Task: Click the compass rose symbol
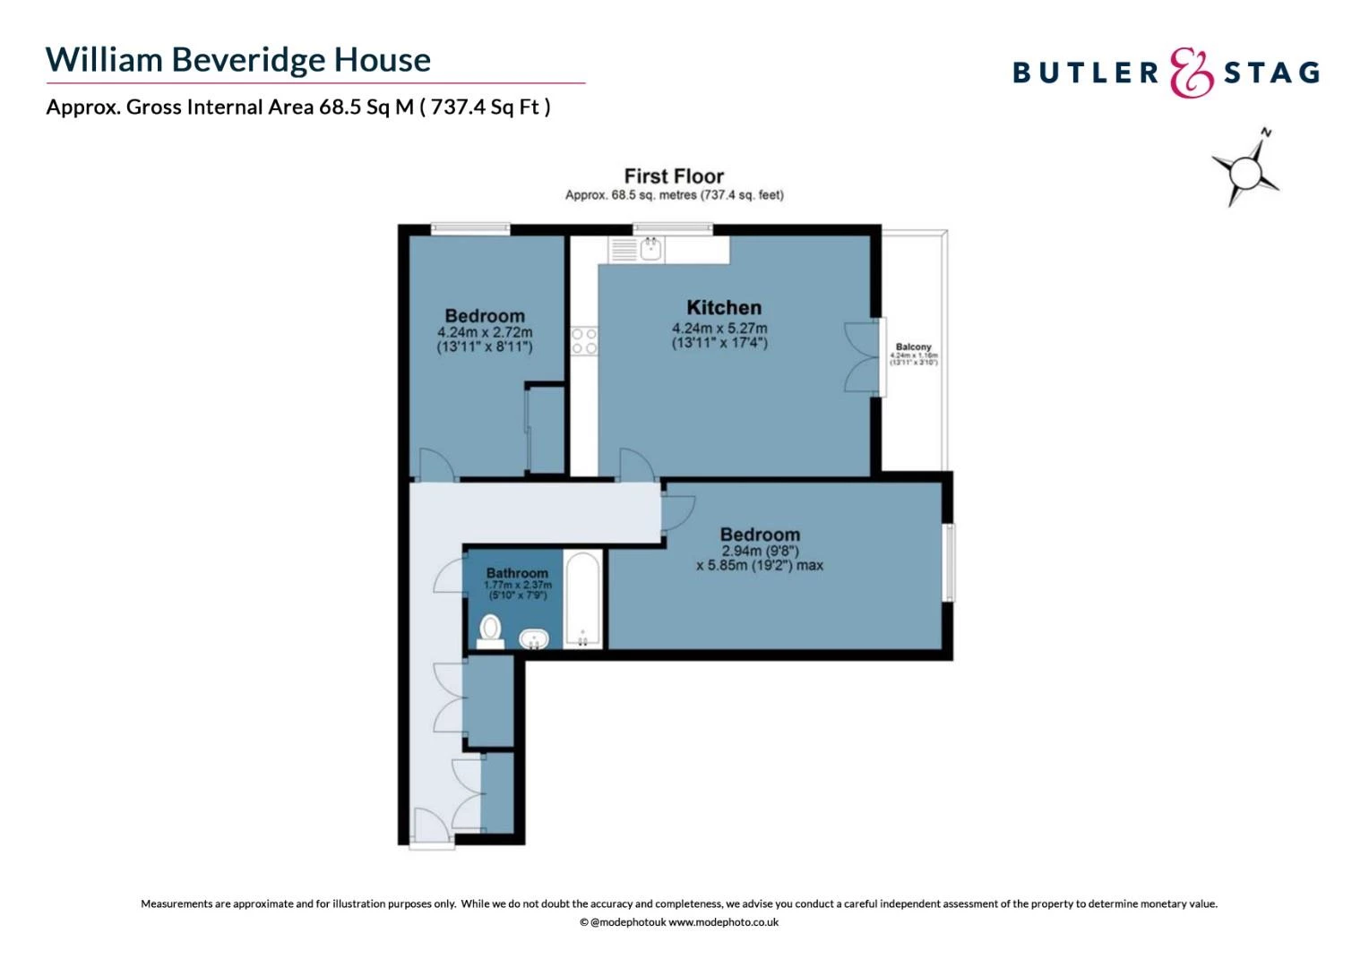click(x=1245, y=169)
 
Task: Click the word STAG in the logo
click(x=1271, y=73)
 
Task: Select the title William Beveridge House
click(x=238, y=60)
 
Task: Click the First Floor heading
click(x=674, y=176)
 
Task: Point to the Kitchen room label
click(x=724, y=307)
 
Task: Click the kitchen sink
click(x=651, y=248)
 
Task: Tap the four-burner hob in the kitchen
click(x=584, y=341)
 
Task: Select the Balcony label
click(x=913, y=347)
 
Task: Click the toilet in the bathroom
click(x=490, y=629)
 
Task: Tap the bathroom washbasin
click(x=534, y=638)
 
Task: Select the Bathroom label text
click(x=517, y=573)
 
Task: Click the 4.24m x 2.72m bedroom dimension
click(x=484, y=332)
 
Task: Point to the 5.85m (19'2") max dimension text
click(x=759, y=565)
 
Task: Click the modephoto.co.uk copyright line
click(x=678, y=922)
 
